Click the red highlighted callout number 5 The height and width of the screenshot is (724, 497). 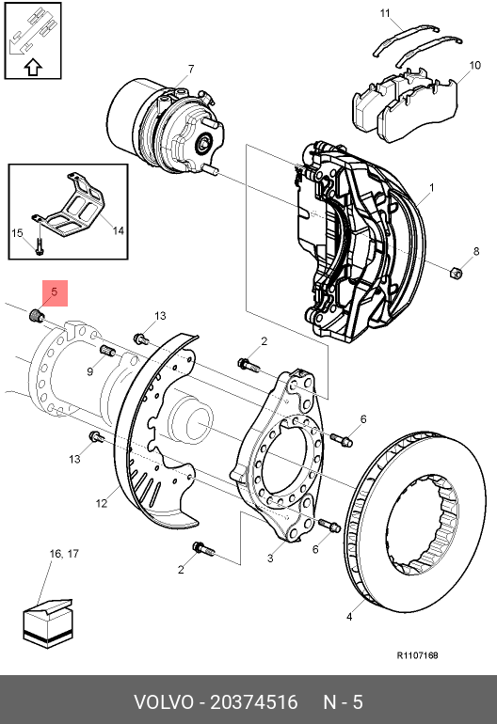(x=55, y=292)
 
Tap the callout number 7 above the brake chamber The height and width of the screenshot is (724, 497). (x=191, y=70)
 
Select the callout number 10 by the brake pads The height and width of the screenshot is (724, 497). (x=474, y=65)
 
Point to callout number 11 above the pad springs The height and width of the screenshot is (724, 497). (x=385, y=13)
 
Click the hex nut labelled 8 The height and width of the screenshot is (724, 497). (x=457, y=272)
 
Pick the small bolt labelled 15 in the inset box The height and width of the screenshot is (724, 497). (x=40, y=245)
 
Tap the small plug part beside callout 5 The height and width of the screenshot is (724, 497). (x=36, y=316)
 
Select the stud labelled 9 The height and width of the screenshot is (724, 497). (x=107, y=351)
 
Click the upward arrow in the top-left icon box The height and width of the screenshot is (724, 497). (x=33, y=68)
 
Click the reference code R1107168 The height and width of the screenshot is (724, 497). (x=418, y=655)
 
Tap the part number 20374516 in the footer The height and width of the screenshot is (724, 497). (x=254, y=702)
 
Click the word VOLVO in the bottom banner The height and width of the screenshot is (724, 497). (x=163, y=702)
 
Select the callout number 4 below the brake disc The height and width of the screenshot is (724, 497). (x=349, y=617)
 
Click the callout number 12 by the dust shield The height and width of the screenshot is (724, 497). (x=102, y=503)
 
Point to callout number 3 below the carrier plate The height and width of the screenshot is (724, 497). (x=270, y=559)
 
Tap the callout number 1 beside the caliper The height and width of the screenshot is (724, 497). (x=431, y=188)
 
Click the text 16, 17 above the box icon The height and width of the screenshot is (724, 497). (x=64, y=554)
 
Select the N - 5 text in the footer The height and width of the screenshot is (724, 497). (x=343, y=702)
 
